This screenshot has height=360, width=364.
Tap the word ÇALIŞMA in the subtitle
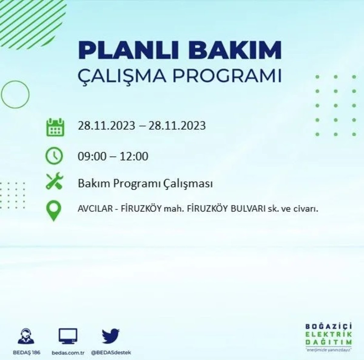(122, 76)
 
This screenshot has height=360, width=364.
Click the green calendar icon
(55, 127)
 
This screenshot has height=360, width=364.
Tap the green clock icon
(54, 156)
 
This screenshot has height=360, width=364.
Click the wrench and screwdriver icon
(54, 181)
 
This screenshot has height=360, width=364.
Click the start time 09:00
(92, 156)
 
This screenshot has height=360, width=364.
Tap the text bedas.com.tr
(68, 353)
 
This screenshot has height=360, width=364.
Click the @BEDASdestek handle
(111, 353)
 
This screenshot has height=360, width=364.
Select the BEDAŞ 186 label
(27, 353)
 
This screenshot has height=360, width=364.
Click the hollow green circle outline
(15, 95)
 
